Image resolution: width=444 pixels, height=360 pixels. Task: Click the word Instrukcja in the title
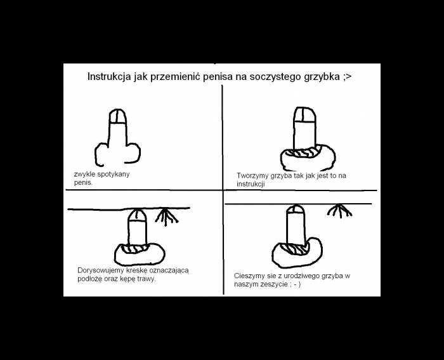click(110, 77)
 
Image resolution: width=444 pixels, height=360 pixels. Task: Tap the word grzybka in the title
click(322, 77)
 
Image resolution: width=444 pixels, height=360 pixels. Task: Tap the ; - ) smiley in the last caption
click(296, 284)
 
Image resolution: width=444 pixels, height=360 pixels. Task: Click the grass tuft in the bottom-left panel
click(166, 217)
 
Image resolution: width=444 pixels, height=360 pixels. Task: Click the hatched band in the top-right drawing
click(303, 152)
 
